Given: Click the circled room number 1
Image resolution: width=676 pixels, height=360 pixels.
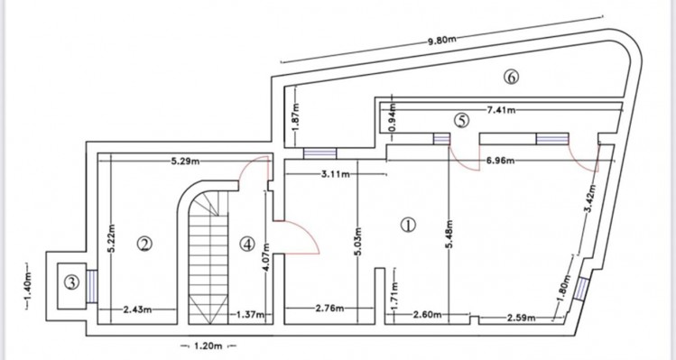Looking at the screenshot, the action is click(408, 225).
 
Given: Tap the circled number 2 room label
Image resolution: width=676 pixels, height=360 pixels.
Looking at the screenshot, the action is click(144, 245).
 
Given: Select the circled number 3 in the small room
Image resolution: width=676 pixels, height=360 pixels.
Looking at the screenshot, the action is click(71, 282).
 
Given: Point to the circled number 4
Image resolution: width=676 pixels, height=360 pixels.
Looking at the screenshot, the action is click(247, 245).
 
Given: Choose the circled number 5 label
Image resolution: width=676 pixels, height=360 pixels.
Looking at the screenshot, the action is click(462, 121).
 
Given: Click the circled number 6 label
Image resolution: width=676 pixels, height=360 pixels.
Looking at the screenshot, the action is click(511, 77).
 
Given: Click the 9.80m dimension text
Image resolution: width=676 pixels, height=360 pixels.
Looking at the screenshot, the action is click(442, 41).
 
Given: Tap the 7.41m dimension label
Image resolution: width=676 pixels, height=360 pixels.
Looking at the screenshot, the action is click(501, 110).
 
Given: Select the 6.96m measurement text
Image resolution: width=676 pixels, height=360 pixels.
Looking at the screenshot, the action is click(500, 161).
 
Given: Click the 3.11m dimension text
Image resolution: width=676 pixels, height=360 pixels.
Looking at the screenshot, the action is click(336, 174).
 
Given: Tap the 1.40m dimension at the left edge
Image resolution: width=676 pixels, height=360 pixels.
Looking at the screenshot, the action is click(28, 286).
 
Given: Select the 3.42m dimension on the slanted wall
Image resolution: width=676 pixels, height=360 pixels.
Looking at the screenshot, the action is click(591, 198).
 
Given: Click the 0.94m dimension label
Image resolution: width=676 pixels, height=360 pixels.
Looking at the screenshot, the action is click(393, 118).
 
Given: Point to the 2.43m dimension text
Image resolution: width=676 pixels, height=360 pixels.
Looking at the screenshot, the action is click(137, 309).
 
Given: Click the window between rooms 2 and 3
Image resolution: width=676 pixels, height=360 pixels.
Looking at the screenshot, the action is click(92, 286).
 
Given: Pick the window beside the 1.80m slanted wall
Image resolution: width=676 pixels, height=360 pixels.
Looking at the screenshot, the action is click(582, 289).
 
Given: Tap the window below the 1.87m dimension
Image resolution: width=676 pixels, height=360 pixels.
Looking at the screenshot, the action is click(319, 153).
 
